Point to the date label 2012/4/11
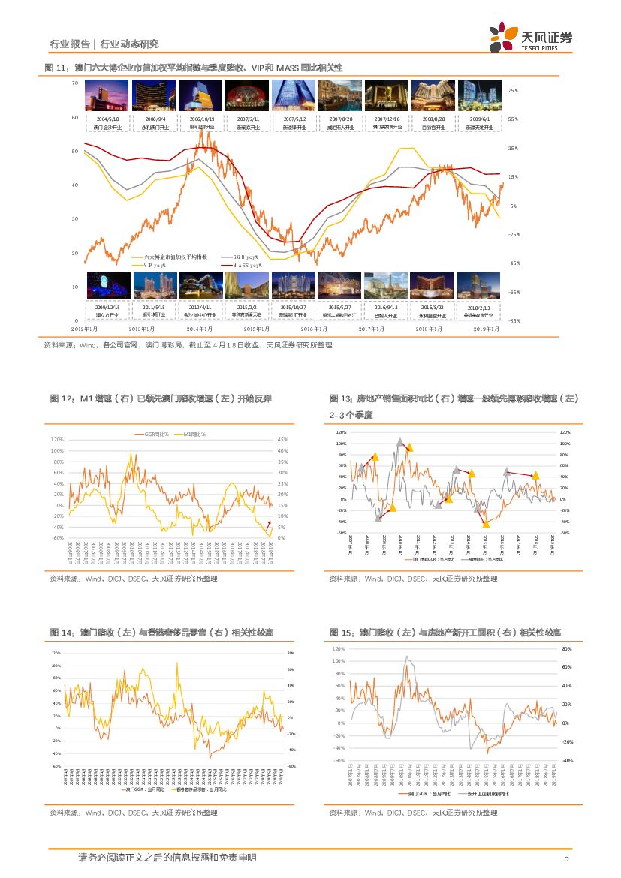(200, 308)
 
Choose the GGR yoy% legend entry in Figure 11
(237, 257)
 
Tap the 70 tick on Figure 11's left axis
(74, 83)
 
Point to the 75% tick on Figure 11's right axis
(513, 90)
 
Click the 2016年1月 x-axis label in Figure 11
(315, 329)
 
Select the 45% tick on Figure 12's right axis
(282, 440)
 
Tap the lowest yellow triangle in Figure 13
(486, 524)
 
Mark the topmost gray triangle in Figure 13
(400, 441)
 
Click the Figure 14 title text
(161, 633)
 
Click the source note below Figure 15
(413, 812)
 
